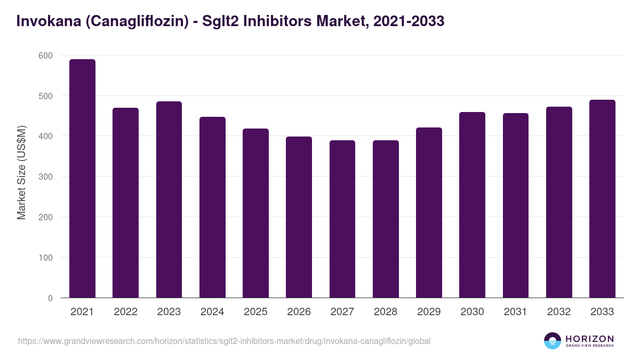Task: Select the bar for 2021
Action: click(x=82, y=179)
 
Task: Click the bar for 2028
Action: click(x=386, y=219)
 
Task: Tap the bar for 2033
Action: click(x=602, y=199)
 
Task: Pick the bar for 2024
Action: click(x=212, y=207)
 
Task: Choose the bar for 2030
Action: click(x=472, y=205)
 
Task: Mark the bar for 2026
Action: click(x=299, y=217)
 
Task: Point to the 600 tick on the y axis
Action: click(x=46, y=55)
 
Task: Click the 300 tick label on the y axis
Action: click(x=46, y=177)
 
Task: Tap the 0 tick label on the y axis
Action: click(x=50, y=298)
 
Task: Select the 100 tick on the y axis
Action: click(x=46, y=258)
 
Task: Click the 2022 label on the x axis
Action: click(x=125, y=312)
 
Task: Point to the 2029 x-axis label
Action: click(x=429, y=312)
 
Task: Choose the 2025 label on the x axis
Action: click(x=255, y=312)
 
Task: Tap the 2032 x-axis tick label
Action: click(x=559, y=312)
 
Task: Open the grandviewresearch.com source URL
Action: click(x=224, y=341)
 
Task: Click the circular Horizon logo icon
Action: click(x=553, y=341)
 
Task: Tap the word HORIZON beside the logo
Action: click(x=589, y=339)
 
